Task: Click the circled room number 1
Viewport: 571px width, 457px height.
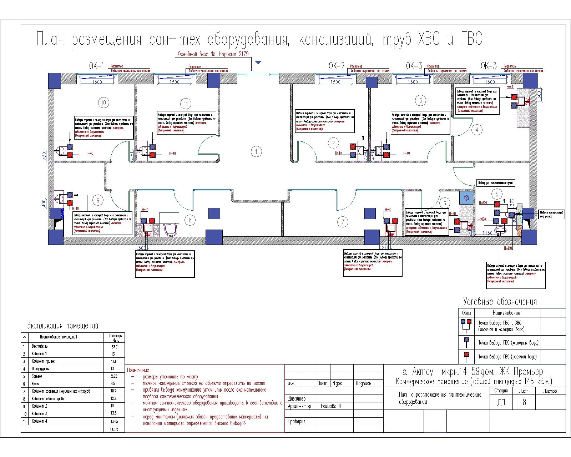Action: pyautogui.click(x=256, y=151)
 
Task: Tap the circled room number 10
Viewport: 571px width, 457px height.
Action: pyautogui.click(x=103, y=103)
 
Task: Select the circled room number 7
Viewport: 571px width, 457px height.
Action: pyautogui.click(x=343, y=222)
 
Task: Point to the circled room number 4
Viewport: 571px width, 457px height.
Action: pyautogui.click(x=477, y=130)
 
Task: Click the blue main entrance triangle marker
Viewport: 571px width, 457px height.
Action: pyautogui.click(x=258, y=62)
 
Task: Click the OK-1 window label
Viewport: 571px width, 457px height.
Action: pyautogui.click(x=96, y=66)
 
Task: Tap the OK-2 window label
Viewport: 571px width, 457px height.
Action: pyautogui.click(x=337, y=66)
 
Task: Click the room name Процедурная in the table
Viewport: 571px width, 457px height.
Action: pyautogui.click(x=41, y=369)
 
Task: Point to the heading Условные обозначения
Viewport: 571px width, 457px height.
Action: pyautogui.click(x=500, y=302)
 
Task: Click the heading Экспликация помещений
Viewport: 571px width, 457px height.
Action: pyautogui.click(x=62, y=326)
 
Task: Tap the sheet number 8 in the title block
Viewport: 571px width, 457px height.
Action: pyautogui.click(x=524, y=402)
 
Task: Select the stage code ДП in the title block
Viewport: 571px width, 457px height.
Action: pyautogui.click(x=501, y=402)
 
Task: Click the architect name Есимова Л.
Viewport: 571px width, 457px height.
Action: pyautogui.click(x=331, y=406)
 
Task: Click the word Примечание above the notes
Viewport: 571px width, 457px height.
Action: pyautogui.click(x=138, y=370)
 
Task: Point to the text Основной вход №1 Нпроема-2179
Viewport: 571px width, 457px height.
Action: pyautogui.click(x=213, y=54)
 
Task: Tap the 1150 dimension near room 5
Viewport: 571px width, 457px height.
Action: pyautogui.click(x=487, y=233)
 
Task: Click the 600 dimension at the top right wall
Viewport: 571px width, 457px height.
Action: pyautogui.click(x=539, y=94)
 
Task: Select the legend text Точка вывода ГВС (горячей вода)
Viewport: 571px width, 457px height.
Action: pyautogui.click(x=507, y=357)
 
